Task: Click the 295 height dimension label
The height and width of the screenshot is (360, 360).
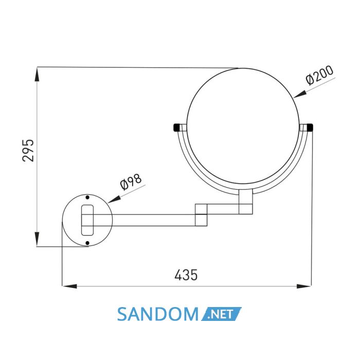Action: tap(28, 150)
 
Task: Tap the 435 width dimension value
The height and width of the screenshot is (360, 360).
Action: tap(186, 275)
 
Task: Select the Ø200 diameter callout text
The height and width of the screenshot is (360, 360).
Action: tap(319, 75)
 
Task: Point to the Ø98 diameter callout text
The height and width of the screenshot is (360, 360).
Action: tap(131, 182)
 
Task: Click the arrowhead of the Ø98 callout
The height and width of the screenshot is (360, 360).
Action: tap(114, 200)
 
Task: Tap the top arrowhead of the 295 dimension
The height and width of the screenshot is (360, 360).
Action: tap(37, 74)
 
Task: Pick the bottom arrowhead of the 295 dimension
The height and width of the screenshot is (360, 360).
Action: tap(37, 239)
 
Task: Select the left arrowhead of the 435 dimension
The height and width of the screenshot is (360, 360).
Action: tap(69, 286)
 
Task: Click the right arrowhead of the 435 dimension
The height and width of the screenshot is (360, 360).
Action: tap(304, 286)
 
